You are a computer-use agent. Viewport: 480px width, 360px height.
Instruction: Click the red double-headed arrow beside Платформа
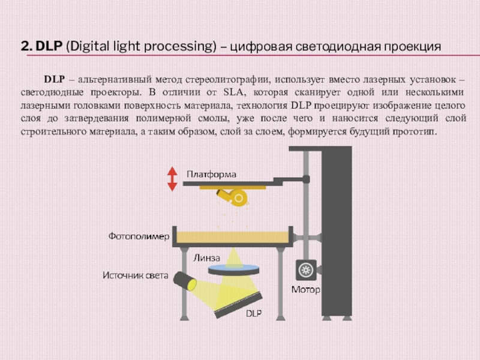[172, 179]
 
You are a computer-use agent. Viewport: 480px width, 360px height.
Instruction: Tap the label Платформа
[212, 175]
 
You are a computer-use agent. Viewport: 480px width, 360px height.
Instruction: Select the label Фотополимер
[139, 236]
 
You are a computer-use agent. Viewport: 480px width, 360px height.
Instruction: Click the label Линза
[206, 258]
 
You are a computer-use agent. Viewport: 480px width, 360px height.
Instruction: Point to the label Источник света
[136, 275]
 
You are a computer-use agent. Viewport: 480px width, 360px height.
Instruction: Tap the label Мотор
[305, 290]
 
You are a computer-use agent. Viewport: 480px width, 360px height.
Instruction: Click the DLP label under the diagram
[254, 313]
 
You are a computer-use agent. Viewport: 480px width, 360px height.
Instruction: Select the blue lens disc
[233, 270]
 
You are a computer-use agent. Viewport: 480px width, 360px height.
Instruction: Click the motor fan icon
[306, 270]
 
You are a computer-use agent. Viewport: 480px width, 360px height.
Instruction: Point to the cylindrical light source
[185, 281]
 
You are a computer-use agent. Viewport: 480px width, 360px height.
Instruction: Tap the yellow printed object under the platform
[232, 196]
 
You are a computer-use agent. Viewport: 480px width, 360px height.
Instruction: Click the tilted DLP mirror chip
[238, 305]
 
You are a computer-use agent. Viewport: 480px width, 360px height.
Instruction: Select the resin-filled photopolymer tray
[233, 237]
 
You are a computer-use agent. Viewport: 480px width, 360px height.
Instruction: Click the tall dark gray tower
[337, 233]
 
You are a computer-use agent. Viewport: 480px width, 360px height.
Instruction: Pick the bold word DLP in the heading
[49, 46]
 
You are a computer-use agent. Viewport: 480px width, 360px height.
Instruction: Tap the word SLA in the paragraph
[235, 92]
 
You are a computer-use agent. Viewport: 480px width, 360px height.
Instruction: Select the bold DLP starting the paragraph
[55, 79]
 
